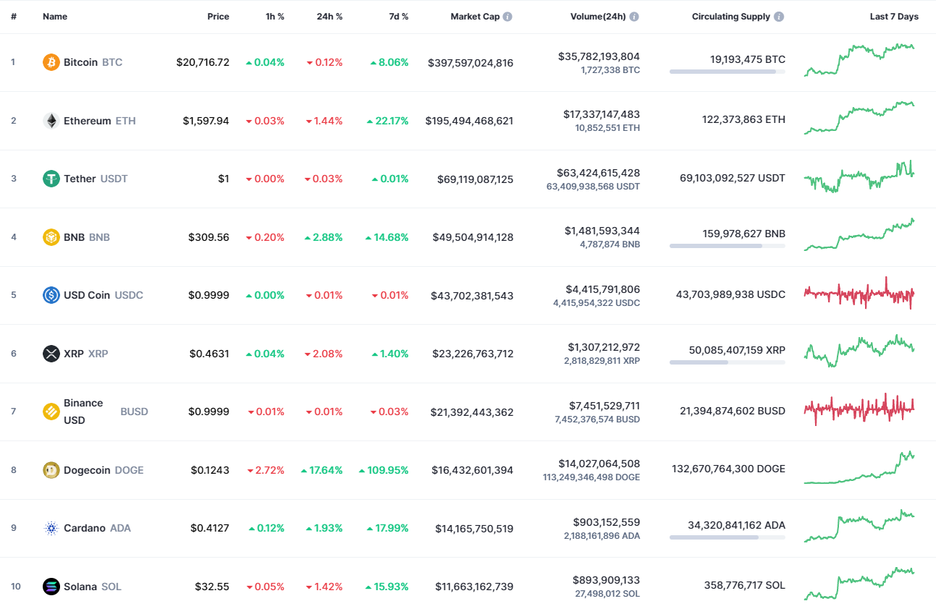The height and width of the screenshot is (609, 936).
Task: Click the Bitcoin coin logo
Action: pyautogui.click(x=51, y=62)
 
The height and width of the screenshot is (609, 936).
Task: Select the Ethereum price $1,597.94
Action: pyautogui.click(x=206, y=121)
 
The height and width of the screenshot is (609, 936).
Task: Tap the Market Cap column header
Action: pyautogui.click(x=475, y=17)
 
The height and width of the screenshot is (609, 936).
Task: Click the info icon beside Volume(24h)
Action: pyautogui.click(x=634, y=17)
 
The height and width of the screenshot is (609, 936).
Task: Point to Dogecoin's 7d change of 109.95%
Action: pyautogui.click(x=384, y=470)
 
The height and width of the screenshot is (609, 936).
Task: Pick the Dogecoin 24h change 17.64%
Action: pyautogui.click(x=322, y=470)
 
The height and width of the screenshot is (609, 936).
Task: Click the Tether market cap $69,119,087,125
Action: pyautogui.click(x=475, y=179)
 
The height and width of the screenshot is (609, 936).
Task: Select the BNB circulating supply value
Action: pyautogui.click(x=743, y=234)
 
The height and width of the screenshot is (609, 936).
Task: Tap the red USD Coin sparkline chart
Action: pyautogui.click(x=859, y=294)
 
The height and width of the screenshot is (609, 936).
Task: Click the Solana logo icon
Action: pyautogui.click(x=51, y=587)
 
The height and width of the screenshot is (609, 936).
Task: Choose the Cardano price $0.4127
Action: pyautogui.click(x=210, y=528)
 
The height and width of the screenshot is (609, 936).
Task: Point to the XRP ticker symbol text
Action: pyautogui.click(x=98, y=354)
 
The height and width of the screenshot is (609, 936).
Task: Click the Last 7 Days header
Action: pyautogui.click(x=894, y=17)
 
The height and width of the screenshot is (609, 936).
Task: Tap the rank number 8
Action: pyautogui.click(x=13, y=470)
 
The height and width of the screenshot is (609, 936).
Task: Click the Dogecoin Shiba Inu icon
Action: pyautogui.click(x=51, y=470)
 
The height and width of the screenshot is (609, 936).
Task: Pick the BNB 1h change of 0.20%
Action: pyautogui.click(x=266, y=237)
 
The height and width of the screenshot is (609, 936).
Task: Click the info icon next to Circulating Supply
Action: pyautogui.click(x=779, y=17)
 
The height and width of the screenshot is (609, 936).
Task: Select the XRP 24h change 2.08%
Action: pyautogui.click(x=324, y=354)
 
